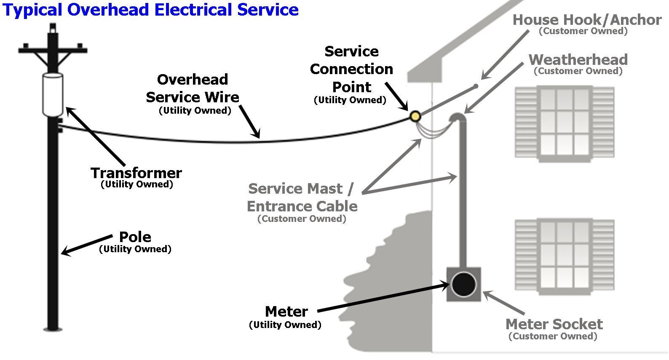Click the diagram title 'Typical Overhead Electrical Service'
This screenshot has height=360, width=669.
150,9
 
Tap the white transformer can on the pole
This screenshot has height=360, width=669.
53,94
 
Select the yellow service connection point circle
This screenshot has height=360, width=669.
415,116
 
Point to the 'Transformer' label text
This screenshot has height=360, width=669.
136,173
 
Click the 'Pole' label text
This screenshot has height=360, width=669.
135,237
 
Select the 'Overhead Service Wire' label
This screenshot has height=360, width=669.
193,88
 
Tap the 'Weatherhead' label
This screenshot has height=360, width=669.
578,59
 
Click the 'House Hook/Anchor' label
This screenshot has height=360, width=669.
587,20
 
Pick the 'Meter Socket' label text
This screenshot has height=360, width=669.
554,324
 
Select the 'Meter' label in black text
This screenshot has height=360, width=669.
286,312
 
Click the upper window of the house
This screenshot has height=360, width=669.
565,123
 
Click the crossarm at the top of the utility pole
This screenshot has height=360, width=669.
53,51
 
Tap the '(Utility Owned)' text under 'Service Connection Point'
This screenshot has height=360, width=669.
350,100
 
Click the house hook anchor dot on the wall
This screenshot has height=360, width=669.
476,86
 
